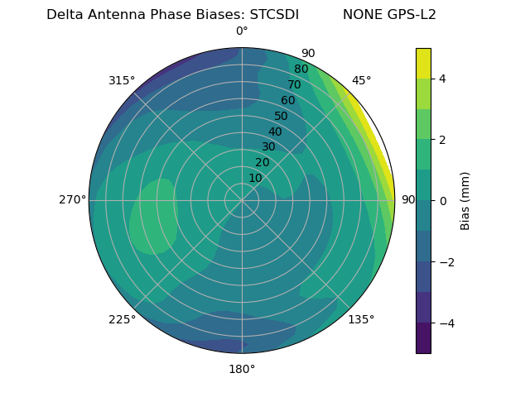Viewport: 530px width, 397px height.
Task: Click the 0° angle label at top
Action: [x=242, y=31]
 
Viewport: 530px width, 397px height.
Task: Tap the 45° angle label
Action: [x=361, y=80]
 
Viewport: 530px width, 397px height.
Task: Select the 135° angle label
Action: [x=361, y=319]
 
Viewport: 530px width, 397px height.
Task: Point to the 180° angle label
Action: [x=242, y=369]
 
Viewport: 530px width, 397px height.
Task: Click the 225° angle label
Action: [x=122, y=320]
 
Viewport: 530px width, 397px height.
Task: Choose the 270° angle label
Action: [x=73, y=199]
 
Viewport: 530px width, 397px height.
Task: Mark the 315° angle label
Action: [x=122, y=80]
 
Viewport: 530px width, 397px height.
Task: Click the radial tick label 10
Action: [x=255, y=178]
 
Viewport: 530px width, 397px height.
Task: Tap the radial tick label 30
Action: [x=268, y=146]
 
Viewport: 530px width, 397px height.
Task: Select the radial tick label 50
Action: [x=281, y=116]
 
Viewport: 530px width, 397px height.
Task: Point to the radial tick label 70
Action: [x=294, y=84]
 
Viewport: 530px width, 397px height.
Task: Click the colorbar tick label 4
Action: [x=442, y=79]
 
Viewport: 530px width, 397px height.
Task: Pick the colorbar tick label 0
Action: [x=442, y=201]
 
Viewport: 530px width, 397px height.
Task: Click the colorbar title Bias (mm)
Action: [x=465, y=201]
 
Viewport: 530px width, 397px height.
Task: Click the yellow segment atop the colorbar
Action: [x=423, y=63]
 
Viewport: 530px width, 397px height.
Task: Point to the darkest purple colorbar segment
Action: [x=423, y=338]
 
